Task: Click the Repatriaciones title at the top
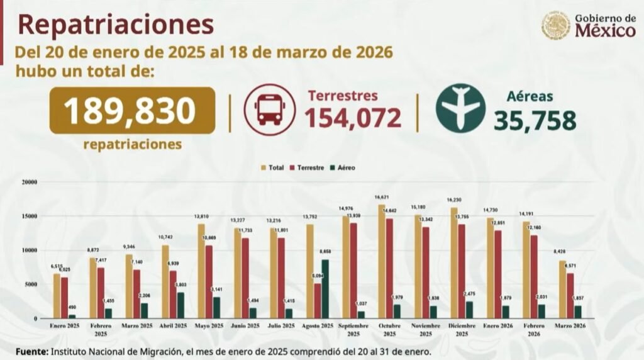116,25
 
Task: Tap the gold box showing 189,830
132,110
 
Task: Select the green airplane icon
460,109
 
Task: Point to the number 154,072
353,118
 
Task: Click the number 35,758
535,120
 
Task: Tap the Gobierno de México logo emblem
556,25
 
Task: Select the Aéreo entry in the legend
346,167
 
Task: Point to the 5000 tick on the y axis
31,284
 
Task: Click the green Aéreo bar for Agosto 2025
325,289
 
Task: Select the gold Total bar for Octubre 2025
381,261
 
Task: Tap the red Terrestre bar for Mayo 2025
209,281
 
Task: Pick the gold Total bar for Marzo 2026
562,290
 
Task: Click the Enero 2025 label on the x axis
64,326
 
